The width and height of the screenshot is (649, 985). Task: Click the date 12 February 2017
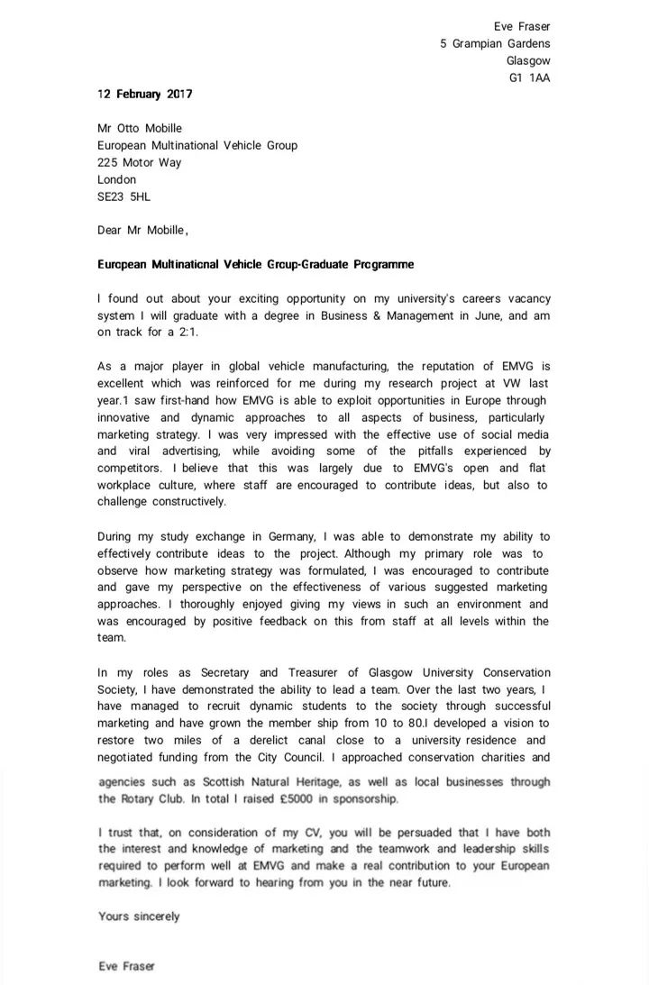[144, 94]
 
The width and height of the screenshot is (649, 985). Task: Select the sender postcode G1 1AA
[529, 78]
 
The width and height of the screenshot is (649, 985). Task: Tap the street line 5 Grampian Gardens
[495, 43]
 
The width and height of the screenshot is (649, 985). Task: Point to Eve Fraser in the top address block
[522, 26]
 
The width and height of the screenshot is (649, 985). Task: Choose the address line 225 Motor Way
[139, 162]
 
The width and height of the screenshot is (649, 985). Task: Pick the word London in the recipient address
[116, 179]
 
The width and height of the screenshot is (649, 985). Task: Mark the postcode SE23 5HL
[124, 196]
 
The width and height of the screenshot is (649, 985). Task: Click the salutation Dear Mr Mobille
[142, 230]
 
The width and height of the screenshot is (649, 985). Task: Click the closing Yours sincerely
[139, 917]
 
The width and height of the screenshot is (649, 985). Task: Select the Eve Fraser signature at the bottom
[126, 966]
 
